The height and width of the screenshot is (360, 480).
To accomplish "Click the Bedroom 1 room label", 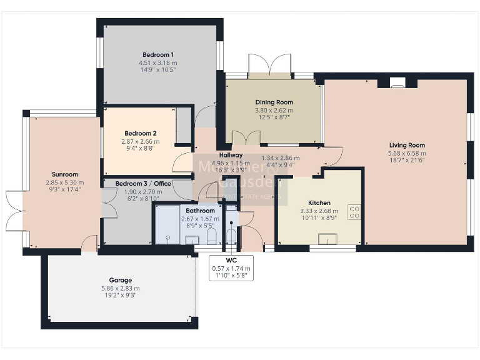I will click(x=157, y=54).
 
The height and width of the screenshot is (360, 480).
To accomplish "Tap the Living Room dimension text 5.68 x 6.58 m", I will click(x=407, y=153).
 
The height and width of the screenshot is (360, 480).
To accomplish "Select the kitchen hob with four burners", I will click(x=354, y=212).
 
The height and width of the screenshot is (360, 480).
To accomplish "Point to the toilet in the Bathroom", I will click(x=211, y=235).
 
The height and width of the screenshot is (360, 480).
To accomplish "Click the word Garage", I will click(x=119, y=280).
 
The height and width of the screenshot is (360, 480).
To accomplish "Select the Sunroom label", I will click(x=65, y=174).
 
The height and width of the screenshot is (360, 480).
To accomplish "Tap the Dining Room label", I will click(x=274, y=102).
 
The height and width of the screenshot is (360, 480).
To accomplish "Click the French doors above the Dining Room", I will click(x=269, y=65).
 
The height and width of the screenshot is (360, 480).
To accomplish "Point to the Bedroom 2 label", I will click(x=140, y=133).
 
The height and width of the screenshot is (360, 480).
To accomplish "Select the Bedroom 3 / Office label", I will click(x=143, y=183).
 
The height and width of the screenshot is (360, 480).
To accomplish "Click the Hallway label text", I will click(x=230, y=155).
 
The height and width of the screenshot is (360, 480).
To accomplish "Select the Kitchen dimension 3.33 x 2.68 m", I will click(x=319, y=211).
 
